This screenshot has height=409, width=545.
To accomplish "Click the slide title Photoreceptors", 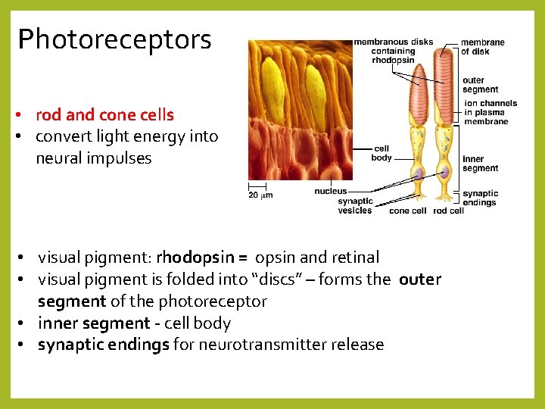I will pos(114,39).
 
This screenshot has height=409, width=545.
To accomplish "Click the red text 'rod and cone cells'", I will pos(104,115).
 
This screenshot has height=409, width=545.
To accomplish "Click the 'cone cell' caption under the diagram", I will pos(407,211).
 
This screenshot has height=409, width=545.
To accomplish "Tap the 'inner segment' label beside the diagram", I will pos(480,164).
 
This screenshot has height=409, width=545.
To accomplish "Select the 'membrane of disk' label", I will pos(483,47).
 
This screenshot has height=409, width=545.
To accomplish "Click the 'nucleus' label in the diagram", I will pos(330,192).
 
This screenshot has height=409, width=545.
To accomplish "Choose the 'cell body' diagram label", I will pos(381,153).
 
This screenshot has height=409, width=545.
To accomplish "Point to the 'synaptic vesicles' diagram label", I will pos(355,206).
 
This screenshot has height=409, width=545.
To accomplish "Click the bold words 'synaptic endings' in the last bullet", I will pos(104,345).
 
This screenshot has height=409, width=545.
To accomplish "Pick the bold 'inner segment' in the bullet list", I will pos(94,323).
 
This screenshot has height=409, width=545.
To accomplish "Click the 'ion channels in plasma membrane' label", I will pos(490,112).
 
